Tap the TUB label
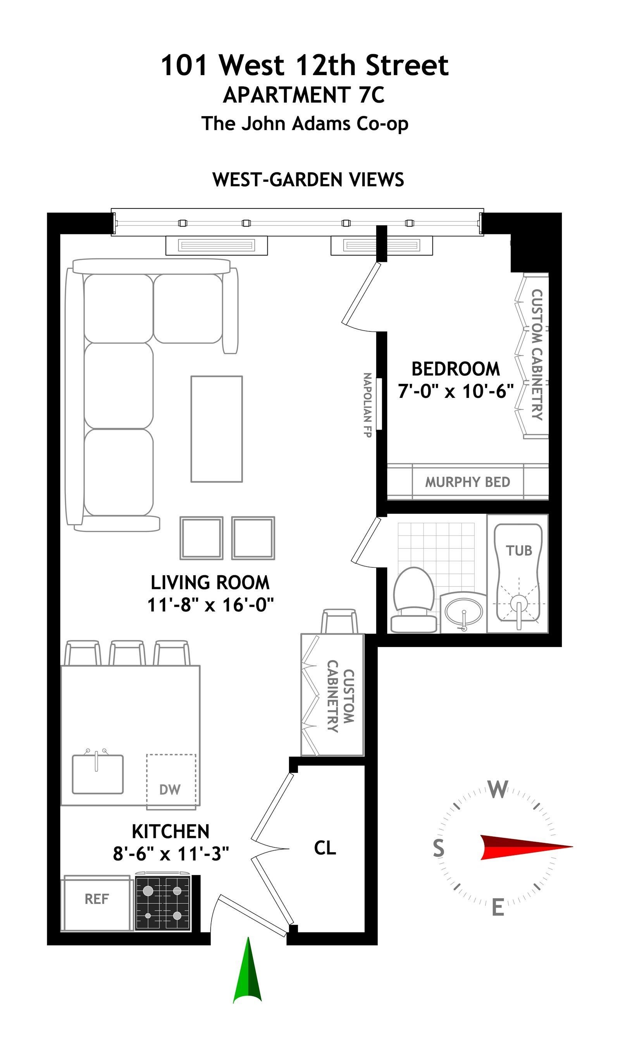point(519,550)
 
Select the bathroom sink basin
point(464,612)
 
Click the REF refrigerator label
point(96,899)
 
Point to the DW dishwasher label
point(170,790)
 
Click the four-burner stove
point(163,903)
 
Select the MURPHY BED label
point(467,482)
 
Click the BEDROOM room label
point(456,369)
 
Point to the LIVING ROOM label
point(210,583)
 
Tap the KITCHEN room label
point(170,831)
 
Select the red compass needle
point(526,847)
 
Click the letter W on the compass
point(498,790)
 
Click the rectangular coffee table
point(216,429)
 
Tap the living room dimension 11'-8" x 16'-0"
point(210,605)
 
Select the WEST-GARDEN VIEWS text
point(308,179)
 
